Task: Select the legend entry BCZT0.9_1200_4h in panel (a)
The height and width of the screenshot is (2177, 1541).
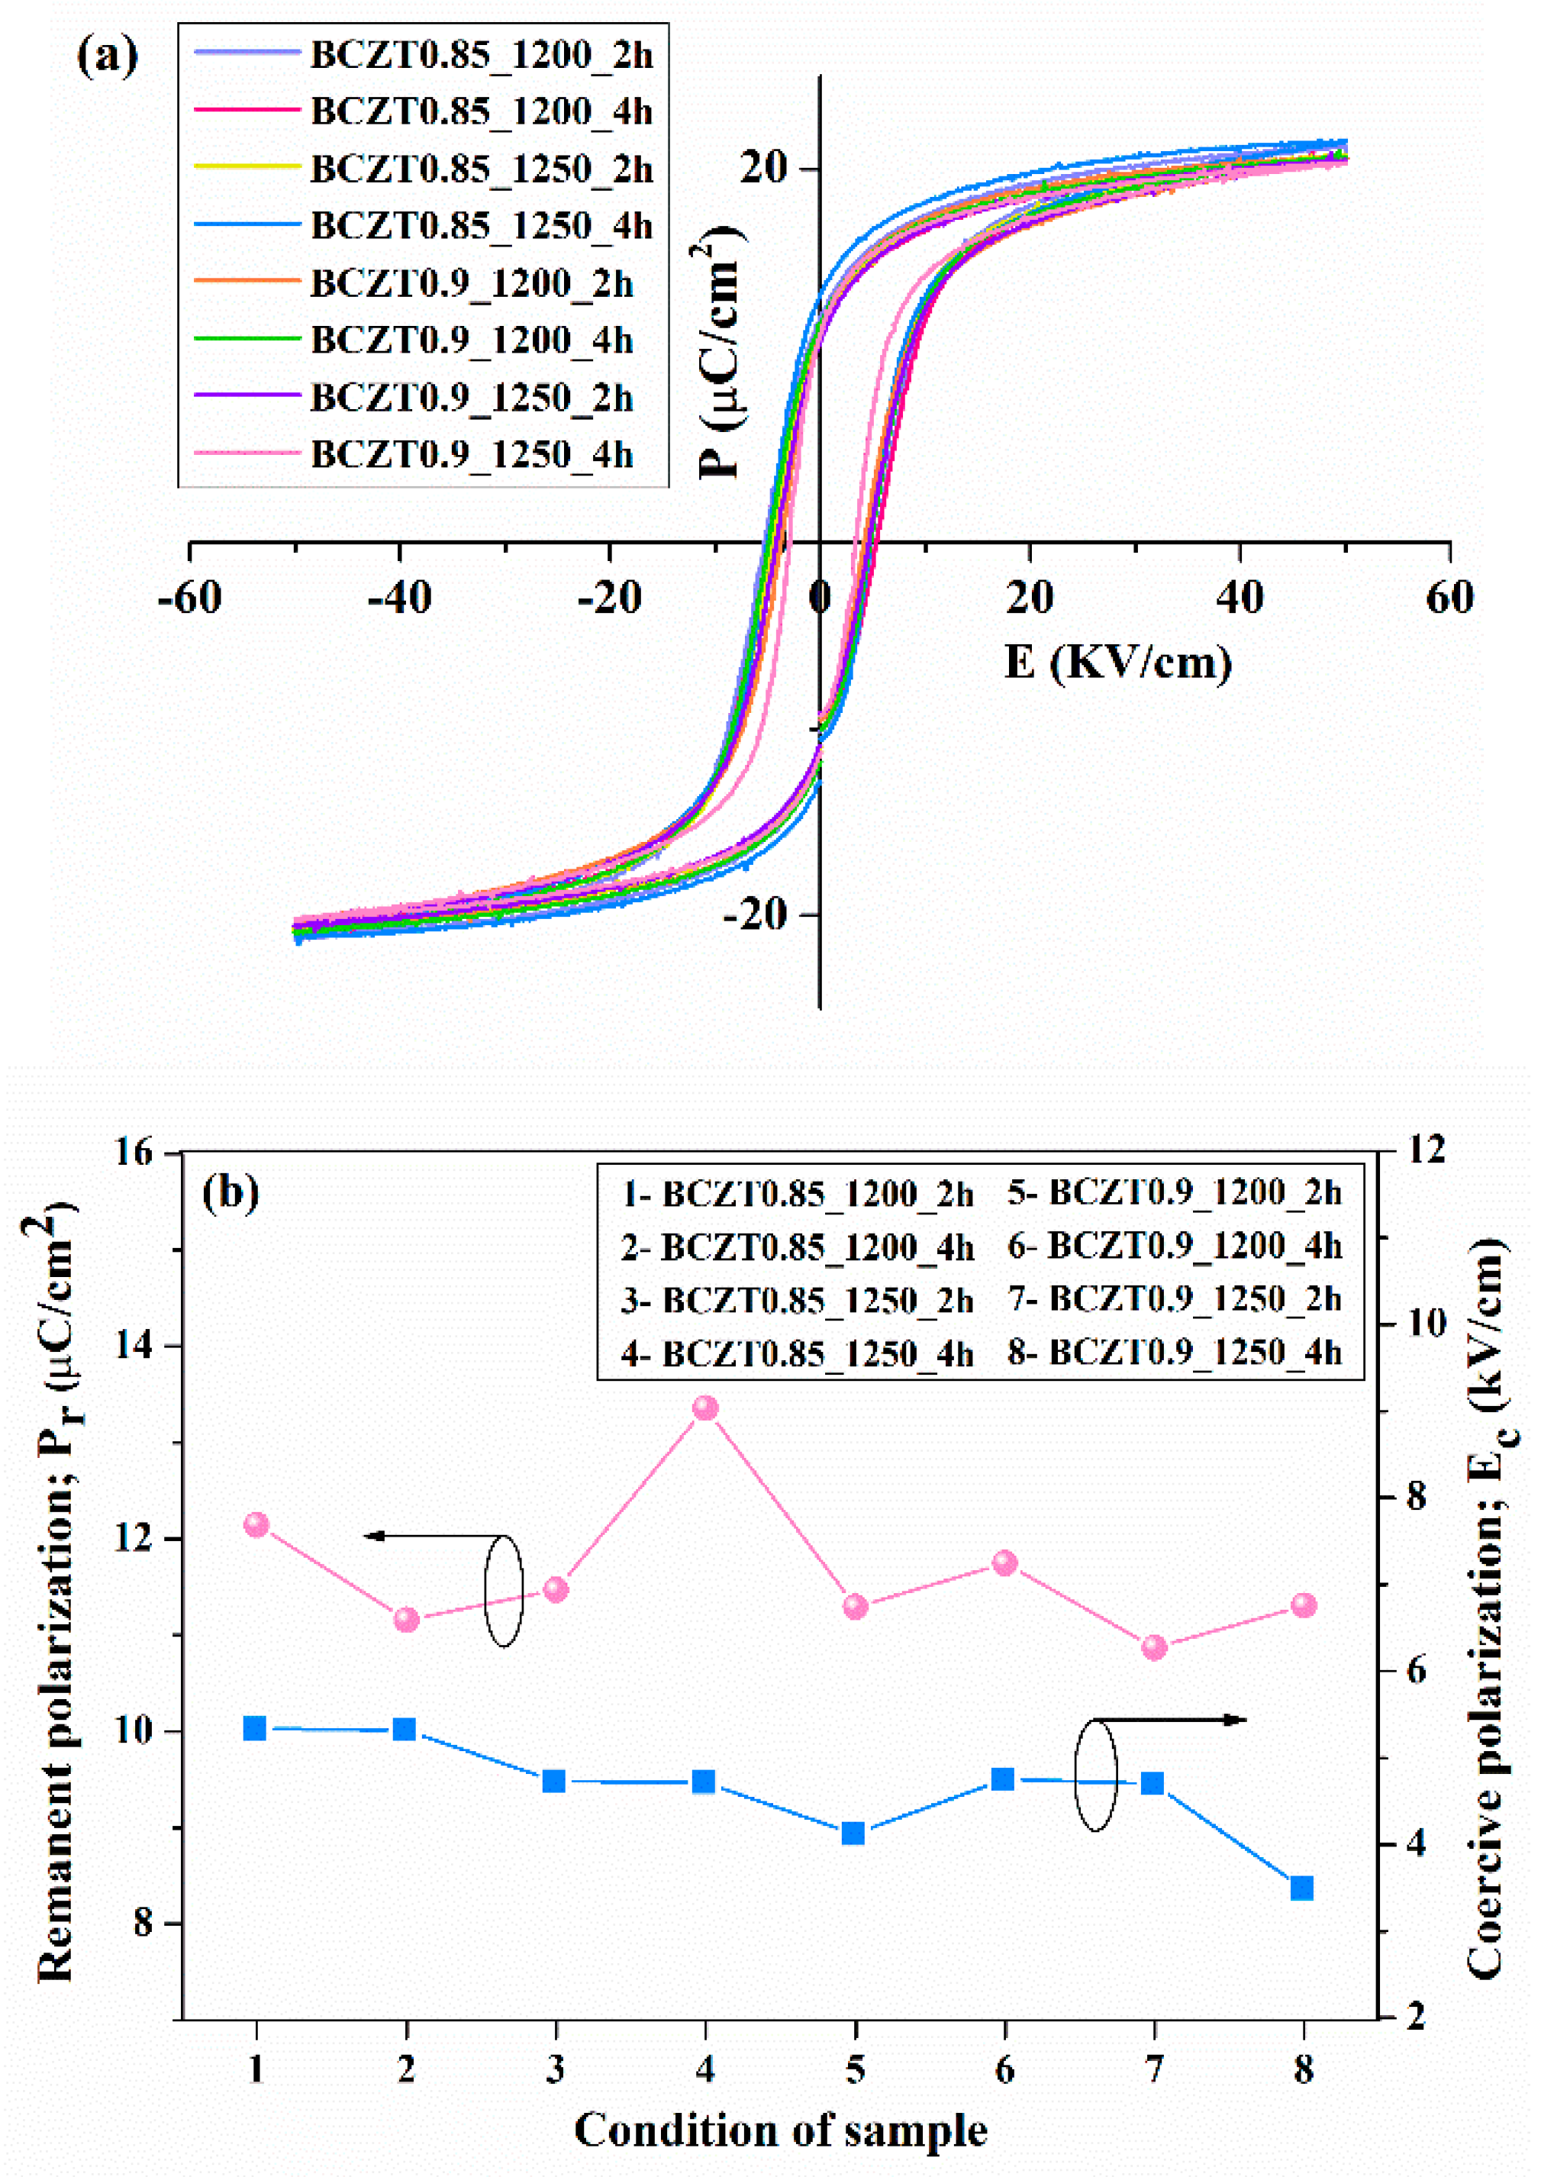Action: (472, 340)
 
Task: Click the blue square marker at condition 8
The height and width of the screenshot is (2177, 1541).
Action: (1302, 1888)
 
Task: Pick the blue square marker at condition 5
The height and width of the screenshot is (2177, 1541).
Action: (853, 1833)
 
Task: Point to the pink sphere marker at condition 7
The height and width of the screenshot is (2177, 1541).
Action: (1154, 1646)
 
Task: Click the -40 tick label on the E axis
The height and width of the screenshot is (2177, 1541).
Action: (401, 598)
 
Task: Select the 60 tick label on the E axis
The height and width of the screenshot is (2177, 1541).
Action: (1449, 598)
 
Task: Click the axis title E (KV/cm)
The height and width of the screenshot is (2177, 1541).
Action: (1118, 663)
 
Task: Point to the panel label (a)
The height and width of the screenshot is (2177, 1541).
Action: (106, 57)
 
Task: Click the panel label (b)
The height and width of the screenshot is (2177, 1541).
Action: (231, 1194)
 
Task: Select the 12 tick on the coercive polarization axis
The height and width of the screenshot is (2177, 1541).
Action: (1421, 1150)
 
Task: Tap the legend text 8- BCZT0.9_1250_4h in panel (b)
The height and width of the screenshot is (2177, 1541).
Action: (1175, 1353)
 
